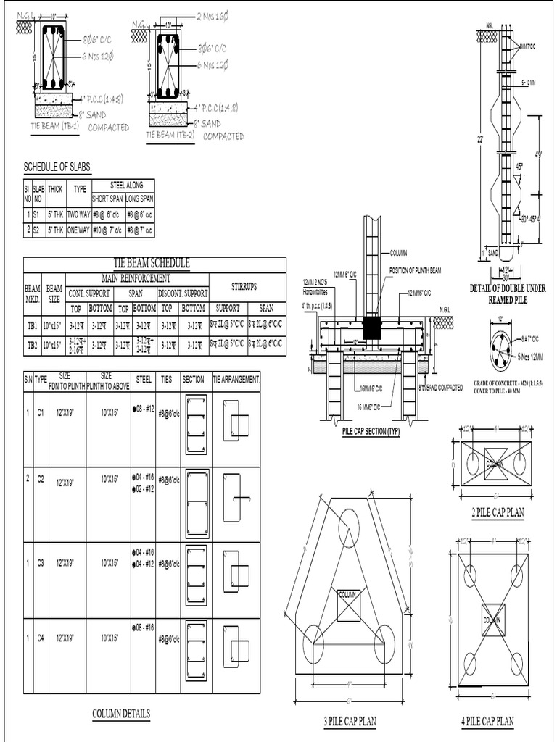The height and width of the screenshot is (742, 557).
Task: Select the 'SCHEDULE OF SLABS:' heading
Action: [58, 167]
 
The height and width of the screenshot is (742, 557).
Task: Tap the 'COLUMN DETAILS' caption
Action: [121, 714]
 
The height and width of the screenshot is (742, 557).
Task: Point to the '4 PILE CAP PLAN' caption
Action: [487, 721]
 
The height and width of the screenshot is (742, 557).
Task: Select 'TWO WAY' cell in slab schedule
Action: [78, 214]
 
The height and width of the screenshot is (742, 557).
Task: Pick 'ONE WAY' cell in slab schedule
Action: [78, 230]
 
